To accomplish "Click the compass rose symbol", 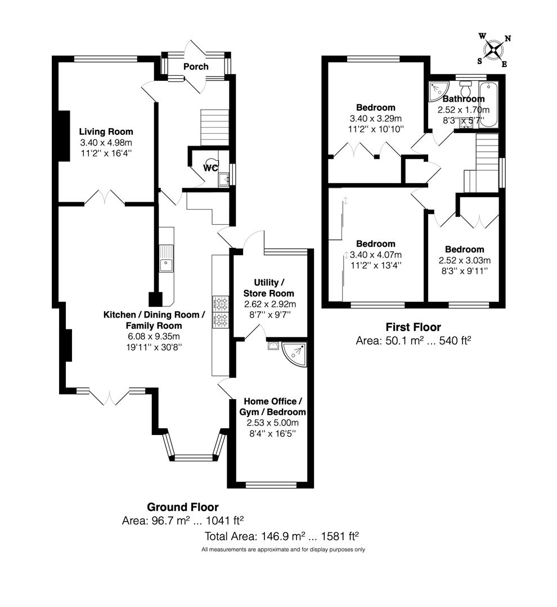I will coord(493,50).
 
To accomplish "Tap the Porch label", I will coord(196,66).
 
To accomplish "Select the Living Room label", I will coord(106,132).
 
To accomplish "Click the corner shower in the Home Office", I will coord(295,353).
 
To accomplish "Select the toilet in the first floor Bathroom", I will coord(465,89).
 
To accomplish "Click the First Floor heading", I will coord(412,327).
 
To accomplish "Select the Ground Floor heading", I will coord(182,508).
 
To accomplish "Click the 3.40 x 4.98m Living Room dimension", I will coord(106,142).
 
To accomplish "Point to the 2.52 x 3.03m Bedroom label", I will coord(464,250).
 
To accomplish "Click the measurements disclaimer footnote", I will coord(283,549).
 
